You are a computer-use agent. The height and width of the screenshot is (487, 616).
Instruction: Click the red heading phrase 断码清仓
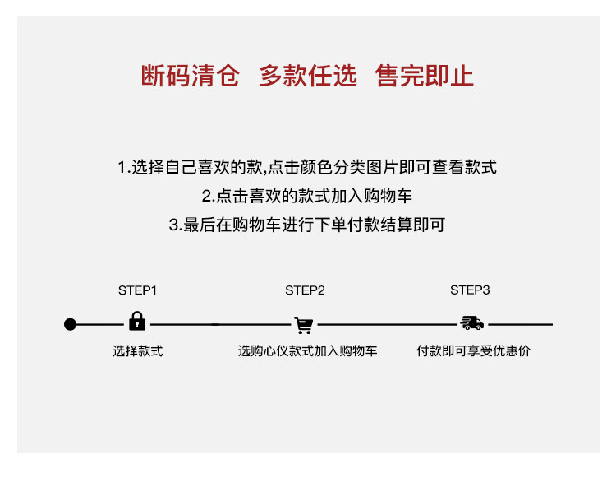pyautogui.click(x=190, y=76)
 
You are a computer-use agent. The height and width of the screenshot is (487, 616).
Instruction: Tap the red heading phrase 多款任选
pyautogui.click(x=308, y=76)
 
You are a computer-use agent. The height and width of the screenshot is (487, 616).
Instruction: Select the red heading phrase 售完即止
pyautogui.click(x=425, y=76)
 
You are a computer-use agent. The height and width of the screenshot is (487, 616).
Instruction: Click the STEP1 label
pyautogui.click(x=137, y=290)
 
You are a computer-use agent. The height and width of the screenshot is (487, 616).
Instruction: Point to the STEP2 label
pyautogui.click(x=305, y=290)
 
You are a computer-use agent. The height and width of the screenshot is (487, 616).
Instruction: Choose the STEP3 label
pyautogui.click(x=470, y=290)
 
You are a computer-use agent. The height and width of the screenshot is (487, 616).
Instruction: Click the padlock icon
pyautogui.click(x=137, y=322)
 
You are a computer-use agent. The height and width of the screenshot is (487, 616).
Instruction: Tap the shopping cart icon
pyautogui.click(x=304, y=324)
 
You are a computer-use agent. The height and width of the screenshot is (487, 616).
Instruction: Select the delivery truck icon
pyautogui.click(x=471, y=323)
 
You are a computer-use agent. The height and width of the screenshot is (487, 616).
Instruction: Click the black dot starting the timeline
pyautogui.click(x=71, y=324)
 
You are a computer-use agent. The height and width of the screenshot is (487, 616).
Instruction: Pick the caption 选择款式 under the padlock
pyautogui.click(x=137, y=351)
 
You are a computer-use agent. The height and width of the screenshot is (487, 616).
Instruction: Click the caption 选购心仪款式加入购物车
pyautogui.click(x=308, y=351)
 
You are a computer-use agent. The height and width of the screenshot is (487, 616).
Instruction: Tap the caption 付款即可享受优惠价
pyautogui.click(x=473, y=351)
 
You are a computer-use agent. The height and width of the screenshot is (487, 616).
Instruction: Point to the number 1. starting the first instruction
pyautogui.click(x=124, y=168)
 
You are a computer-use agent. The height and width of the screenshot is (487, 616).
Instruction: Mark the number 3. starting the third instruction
pyautogui.click(x=175, y=224)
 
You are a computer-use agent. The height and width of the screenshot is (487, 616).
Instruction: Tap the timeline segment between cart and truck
pyautogui.click(x=386, y=324)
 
